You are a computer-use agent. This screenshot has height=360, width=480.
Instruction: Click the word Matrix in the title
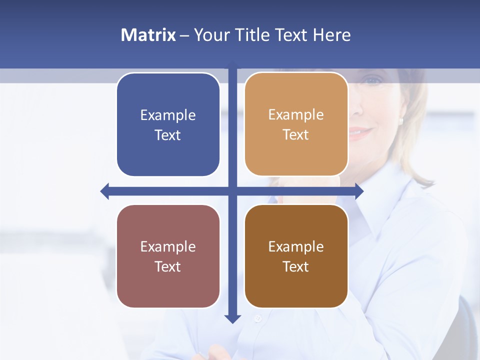click(148, 35)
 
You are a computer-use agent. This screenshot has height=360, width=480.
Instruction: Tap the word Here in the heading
click(331, 35)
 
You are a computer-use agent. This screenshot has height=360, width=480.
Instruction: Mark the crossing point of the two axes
click(232, 191)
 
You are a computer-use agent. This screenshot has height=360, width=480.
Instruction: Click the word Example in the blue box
click(168, 115)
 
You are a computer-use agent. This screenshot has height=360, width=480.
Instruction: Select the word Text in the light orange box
click(296, 135)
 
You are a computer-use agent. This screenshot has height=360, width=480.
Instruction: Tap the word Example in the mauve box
click(168, 246)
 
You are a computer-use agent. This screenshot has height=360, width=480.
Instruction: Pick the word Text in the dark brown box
click(296, 266)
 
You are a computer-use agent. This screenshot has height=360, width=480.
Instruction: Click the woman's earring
click(401, 120)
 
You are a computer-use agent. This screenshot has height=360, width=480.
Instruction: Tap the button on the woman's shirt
click(258, 318)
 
